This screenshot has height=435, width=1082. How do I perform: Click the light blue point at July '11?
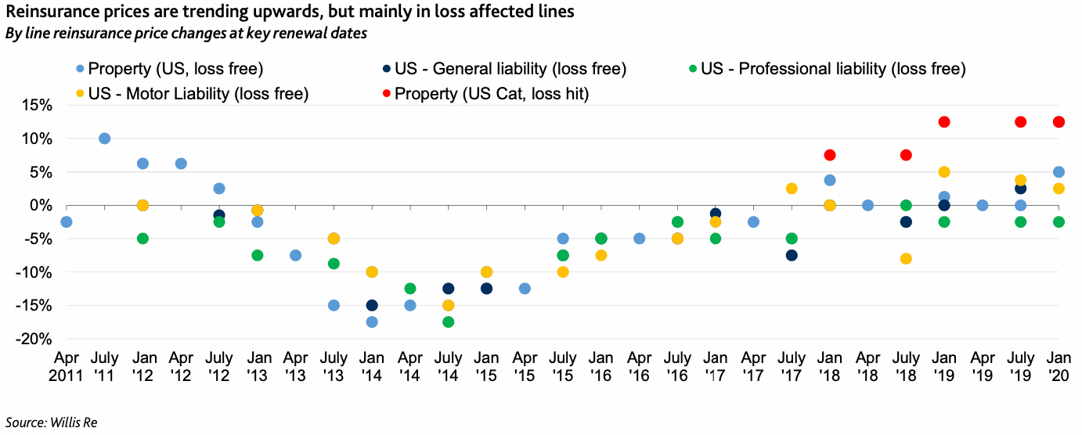(x=104, y=138)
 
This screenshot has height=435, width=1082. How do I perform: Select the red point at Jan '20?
(x=1059, y=122)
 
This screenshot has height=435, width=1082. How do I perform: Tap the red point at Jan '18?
(x=830, y=155)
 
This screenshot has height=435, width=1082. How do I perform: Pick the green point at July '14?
(x=448, y=322)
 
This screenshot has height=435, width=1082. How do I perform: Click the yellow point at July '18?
(x=906, y=259)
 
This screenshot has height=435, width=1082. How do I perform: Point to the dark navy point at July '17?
(x=792, y=255)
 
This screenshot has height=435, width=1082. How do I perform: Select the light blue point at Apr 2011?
(x=67, y=222)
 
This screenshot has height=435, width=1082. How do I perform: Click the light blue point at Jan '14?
(x=372, y=322)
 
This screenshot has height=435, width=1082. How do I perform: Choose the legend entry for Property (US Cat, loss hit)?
(x=492, y=94)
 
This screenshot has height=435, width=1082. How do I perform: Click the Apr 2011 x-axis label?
(x=67, y=368)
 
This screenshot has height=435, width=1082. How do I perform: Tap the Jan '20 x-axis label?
(x=1059, y=368)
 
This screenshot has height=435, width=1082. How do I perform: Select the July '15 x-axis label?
(x=563, y=368)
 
